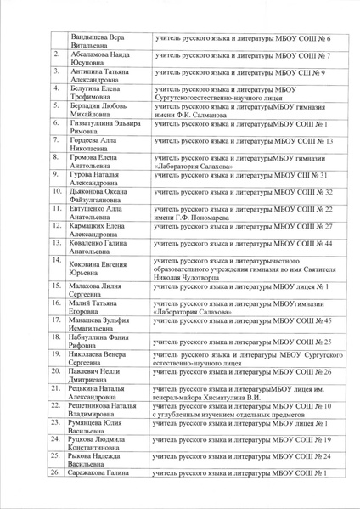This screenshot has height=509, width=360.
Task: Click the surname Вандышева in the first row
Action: [89, 38]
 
